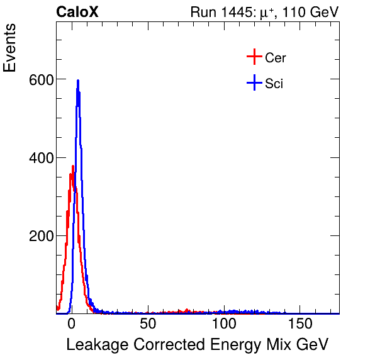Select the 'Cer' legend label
pos(276,58)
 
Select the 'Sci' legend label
pos(274,83)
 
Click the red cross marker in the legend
pos(254,57)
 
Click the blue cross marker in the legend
pos(254,82)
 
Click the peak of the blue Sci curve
pos(78,81)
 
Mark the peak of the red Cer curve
pos(73,167)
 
